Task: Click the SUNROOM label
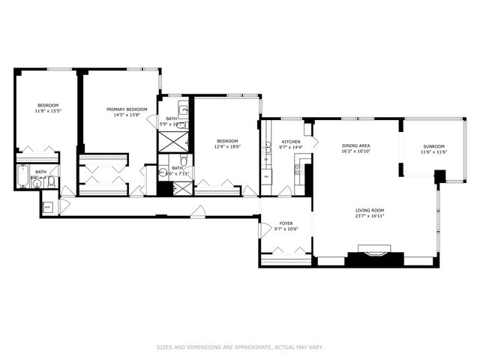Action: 433,146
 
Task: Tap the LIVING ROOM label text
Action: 370,210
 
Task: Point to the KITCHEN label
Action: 291,142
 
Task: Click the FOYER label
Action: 286,223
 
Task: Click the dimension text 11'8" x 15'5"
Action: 49,111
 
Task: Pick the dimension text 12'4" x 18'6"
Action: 227,147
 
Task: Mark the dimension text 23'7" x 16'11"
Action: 370,216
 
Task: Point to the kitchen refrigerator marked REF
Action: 266,177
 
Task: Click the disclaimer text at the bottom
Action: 239,346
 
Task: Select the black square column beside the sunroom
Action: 440,176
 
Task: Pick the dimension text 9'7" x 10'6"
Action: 286,229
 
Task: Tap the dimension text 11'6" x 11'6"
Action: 433,152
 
